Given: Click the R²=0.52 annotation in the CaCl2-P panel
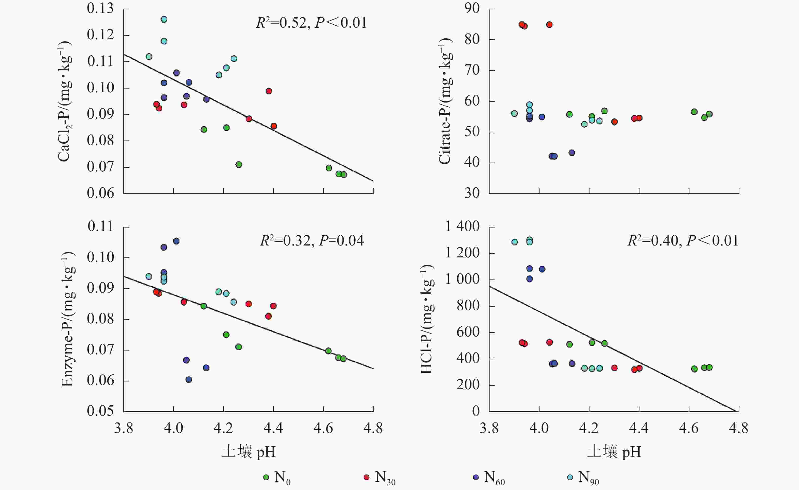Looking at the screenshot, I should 311,23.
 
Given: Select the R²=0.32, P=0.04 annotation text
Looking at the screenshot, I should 312,241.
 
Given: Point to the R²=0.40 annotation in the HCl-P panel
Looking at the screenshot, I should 683,241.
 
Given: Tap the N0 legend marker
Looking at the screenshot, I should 266,477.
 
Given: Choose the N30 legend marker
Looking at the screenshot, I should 367,477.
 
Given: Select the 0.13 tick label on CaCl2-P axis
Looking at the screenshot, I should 100,8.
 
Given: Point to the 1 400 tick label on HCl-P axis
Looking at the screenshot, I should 462,226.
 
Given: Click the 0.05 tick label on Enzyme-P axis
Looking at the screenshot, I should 100,411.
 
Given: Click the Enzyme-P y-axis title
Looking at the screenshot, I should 68,319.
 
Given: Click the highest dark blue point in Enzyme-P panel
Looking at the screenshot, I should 176,241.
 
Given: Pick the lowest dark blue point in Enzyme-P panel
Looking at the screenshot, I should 189,379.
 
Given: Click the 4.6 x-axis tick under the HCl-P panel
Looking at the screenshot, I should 689,428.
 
